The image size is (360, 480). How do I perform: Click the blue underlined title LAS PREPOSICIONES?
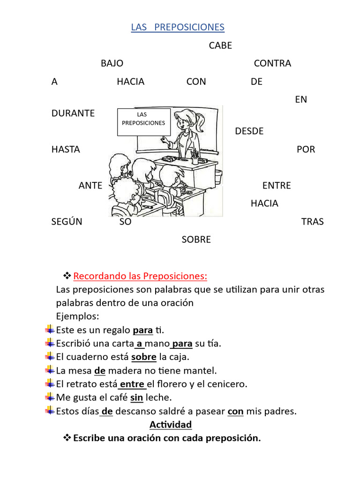178,28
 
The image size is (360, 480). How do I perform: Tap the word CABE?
220,45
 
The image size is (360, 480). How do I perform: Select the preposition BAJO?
112,63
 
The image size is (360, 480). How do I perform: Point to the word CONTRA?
272,63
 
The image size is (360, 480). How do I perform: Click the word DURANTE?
73,113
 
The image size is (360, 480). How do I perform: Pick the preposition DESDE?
249,131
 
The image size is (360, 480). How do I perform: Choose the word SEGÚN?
67,222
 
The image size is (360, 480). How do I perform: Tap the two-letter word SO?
125,222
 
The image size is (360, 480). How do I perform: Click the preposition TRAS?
312,222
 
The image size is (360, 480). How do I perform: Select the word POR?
306,150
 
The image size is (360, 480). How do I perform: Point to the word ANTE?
90,186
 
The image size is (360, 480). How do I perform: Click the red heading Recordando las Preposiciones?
141,275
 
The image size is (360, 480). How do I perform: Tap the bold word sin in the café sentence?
136,397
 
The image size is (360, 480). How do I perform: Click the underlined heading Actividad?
171,425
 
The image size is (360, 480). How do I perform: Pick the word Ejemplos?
77,316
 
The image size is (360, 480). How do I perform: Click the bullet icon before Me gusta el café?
50,397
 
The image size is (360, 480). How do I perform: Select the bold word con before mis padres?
235,411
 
